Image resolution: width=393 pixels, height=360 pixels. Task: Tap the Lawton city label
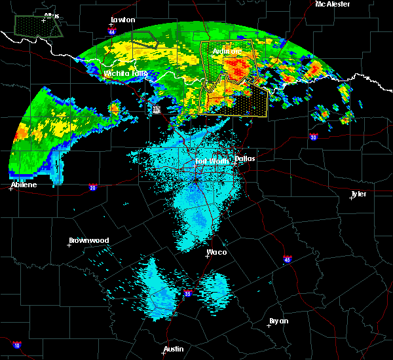tap(123, 20)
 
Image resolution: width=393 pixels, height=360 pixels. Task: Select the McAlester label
tap(332, 4)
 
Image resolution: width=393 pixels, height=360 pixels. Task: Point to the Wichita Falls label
tap(126, 73)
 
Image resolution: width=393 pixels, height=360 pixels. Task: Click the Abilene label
tap(24, 185)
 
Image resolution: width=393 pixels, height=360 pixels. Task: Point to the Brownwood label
tap(89, 240)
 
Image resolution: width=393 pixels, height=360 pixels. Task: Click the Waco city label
tap(217, 252)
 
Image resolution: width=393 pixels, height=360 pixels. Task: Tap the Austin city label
tap(174, 349)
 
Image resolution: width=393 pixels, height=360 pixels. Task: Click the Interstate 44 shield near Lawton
tap(112, 31)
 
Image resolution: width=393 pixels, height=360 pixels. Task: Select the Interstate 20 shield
tap(92, 187)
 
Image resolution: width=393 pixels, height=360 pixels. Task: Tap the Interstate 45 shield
tap(288, 259)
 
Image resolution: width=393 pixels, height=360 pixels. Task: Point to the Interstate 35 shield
tap(188, 293)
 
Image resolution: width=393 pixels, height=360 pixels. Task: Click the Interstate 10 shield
tap(16, 345)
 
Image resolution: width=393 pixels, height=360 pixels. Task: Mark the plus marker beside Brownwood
tap(69, 245)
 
